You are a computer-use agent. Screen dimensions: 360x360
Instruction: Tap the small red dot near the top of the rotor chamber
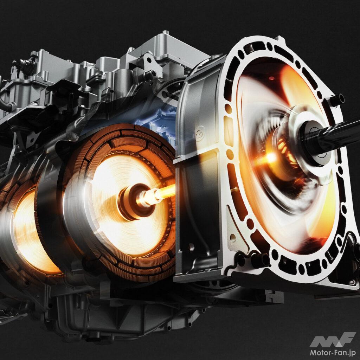[271, 78]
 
